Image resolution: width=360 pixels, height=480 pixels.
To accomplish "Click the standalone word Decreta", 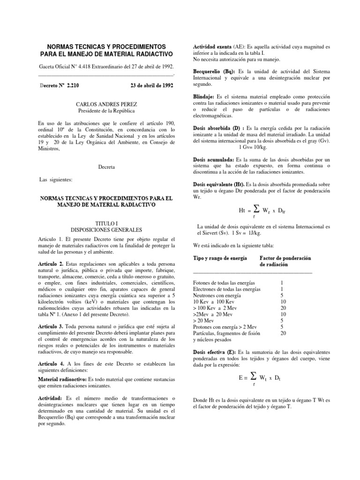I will click(x=106, y=166).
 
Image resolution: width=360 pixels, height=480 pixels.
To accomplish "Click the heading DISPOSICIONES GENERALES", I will click(x=106, y=230).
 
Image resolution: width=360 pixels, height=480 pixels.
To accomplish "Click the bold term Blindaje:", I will click(x=205, y=96).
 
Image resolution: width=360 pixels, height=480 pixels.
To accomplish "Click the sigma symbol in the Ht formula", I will click(x=254, y=209).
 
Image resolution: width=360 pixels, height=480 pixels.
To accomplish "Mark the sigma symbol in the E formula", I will click(x=254, y=376).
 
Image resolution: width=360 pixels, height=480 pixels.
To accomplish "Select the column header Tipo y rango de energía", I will click(x=220, y=258).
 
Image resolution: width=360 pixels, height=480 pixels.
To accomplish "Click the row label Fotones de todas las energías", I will click(x=224, y=283).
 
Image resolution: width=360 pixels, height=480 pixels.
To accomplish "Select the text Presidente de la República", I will click(x=106, y=111).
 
